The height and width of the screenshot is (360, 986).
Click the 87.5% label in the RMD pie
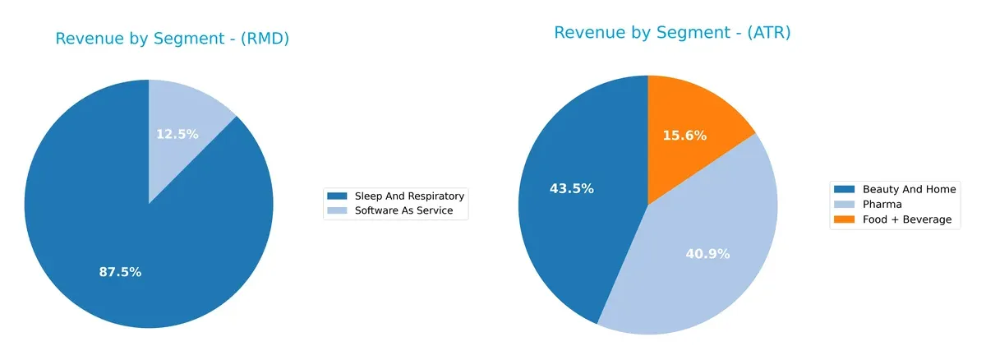click(120, 272)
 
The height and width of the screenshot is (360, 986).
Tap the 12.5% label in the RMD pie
click(177, 134)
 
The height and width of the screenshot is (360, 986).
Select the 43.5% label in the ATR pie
click(571, 188)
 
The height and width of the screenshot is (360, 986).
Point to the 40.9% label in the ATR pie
click(707, 254)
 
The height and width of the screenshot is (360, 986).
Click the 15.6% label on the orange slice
click(684, 136)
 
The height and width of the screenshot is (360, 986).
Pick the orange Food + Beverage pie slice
click(698, 115)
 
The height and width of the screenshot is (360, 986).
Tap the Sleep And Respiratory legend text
click(409, 196)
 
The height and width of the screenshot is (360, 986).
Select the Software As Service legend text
click(410, 211)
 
